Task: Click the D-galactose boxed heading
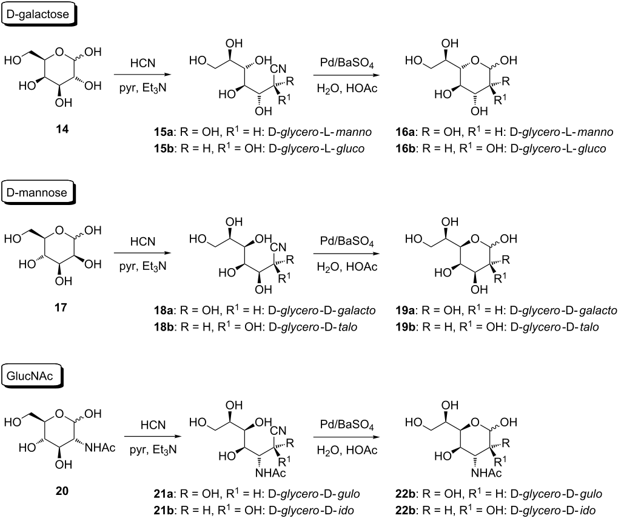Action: coord(38,15)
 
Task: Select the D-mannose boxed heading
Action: coord(37,192)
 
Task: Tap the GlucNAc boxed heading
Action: coord(30,375)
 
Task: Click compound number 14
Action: coord(62,129)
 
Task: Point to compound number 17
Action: coord(61,307)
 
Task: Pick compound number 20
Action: coord(62,491)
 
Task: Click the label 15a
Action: coord(165,132)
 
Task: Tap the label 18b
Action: coord(165,327)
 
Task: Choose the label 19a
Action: coord(406,310)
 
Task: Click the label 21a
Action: coord(165,494)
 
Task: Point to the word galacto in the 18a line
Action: coord(356,311)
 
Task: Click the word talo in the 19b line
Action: coord(588,328)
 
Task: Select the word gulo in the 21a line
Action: coord(349,495)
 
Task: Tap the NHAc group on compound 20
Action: coord(100,448)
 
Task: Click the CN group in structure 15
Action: coord(278,69)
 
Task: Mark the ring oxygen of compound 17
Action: coord(59,229)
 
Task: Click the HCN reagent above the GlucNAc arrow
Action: coord(153,425)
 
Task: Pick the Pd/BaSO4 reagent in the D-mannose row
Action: coord(347,241)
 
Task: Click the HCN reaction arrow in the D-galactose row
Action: coord(143,75)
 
